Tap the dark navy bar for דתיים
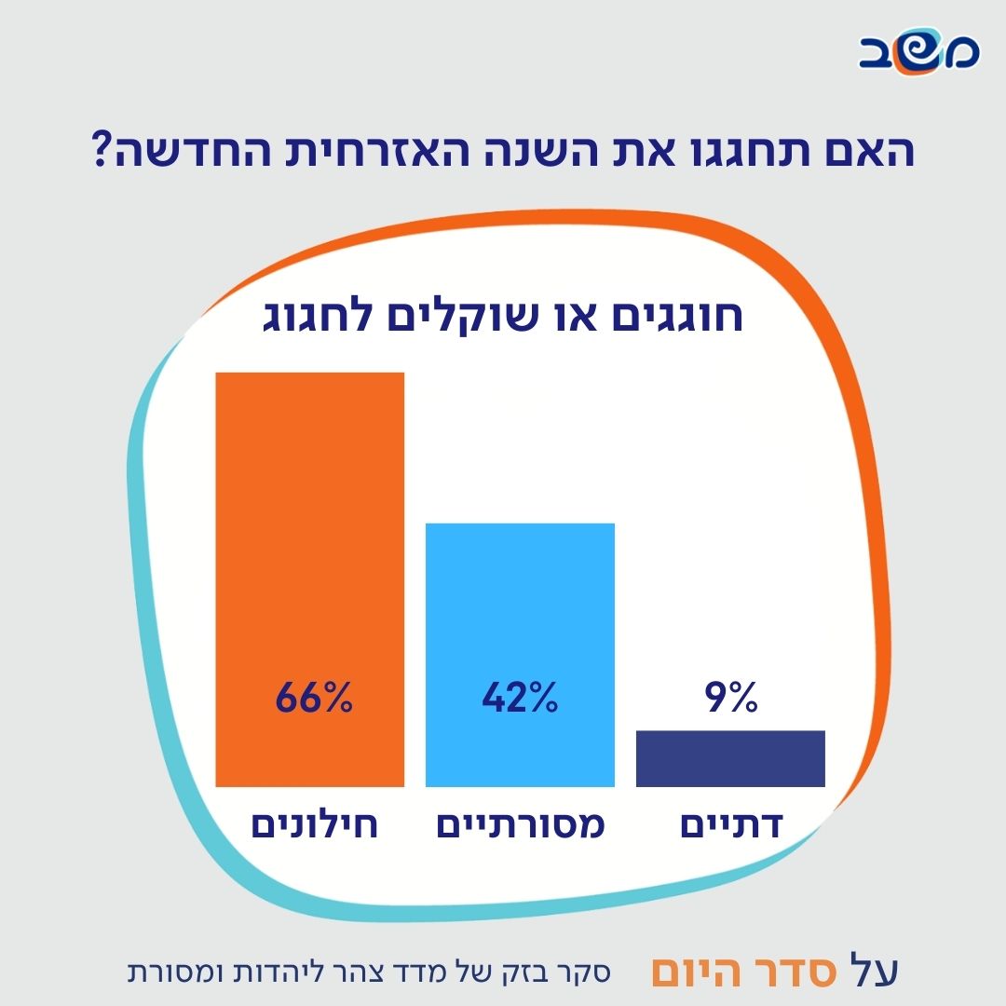click(730, 758)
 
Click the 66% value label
click(315, 699)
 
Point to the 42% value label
click(520, 699)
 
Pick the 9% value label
click(732, 699)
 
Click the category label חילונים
click(315, 826)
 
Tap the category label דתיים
click(731, 826)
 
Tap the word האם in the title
click(862, 151)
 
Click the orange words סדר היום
click(732, 971)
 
